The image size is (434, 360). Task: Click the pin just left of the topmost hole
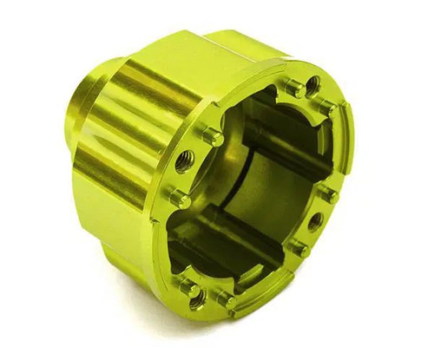(293, 91)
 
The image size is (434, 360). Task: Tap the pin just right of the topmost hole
(331, 107)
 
